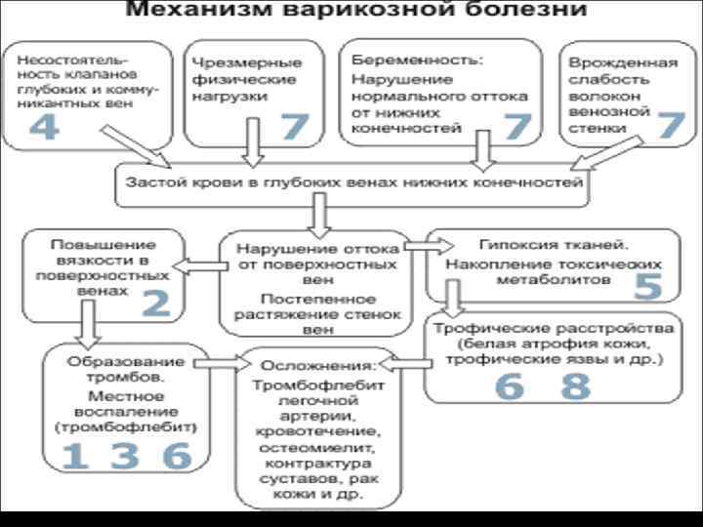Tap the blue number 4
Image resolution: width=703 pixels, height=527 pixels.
(43, 129)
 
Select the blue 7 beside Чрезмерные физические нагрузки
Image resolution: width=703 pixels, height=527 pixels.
(295, 127)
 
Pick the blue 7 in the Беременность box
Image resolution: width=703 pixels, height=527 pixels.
(517, 127)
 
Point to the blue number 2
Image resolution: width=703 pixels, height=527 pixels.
(156, 304)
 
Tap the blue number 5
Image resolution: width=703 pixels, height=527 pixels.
(648, 286)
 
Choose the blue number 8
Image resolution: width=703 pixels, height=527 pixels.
(576, 387)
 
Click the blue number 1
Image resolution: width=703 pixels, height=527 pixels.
(73, 457)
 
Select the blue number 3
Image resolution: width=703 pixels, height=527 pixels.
(123, 457)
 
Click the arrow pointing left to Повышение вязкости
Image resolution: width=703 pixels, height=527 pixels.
(201, 263)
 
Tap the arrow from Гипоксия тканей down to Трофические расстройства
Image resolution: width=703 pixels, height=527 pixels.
(452, 296)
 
